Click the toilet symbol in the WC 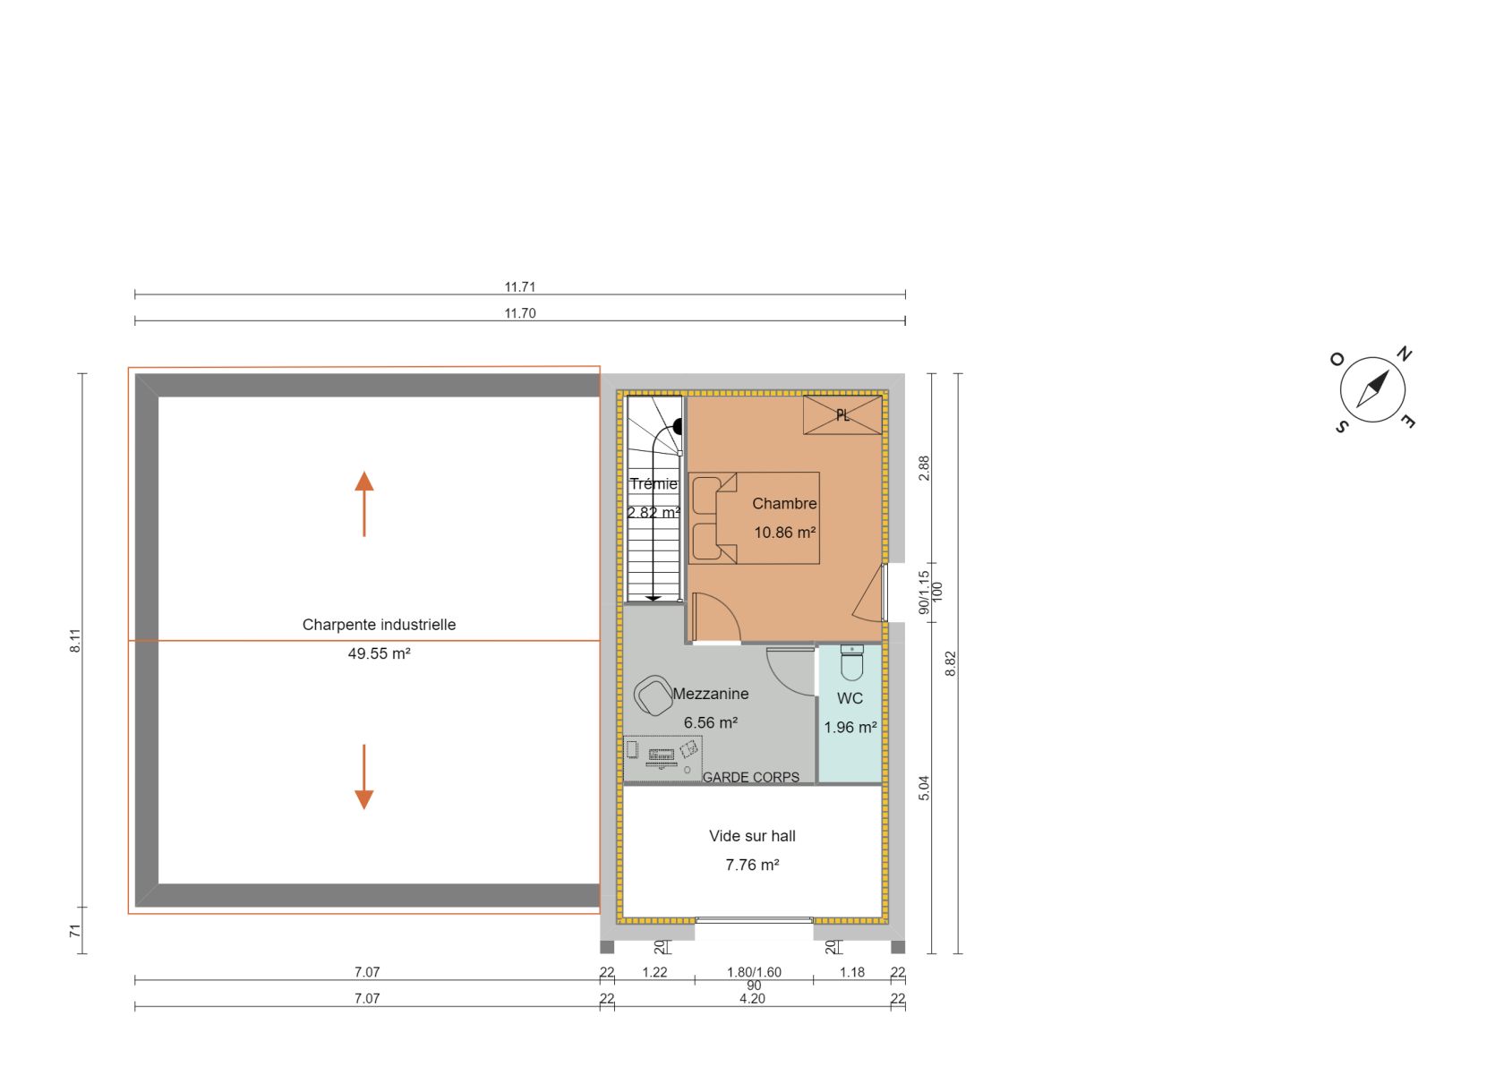coord(852,662)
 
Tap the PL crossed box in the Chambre coord(842,415)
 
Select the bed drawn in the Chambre coord(754,517)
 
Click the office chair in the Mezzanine coord(654,695)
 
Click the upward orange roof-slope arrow coord(363,504)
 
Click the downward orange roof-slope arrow coord(363,777)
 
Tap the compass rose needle coord(1372,388)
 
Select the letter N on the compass coord(1404,354)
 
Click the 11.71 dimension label coord(519,286)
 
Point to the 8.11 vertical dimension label coord(74,641)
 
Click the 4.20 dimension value coord(752,998)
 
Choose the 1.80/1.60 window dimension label coord(754,971)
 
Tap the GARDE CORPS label coord(750,777)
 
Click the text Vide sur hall coord(752,836)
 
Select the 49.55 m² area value coord(379,653)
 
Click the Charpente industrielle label coord(379,625)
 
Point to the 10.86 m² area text coord(784,533)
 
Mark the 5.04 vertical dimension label coord(924,788)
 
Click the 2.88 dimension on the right coord(924,468)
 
